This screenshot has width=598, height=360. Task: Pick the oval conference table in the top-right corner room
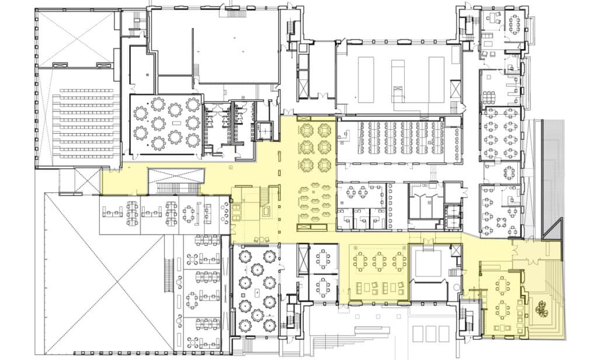coord(514,24)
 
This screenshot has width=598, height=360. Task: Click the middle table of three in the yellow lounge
coord(380,261)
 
